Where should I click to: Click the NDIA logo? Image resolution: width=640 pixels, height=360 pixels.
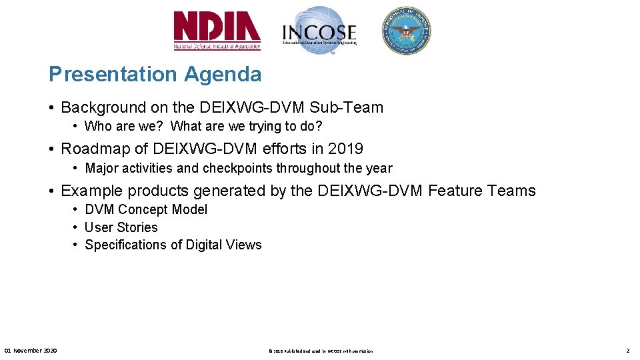click(217, 31)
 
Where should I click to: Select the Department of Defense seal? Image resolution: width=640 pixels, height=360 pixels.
click(406, 31)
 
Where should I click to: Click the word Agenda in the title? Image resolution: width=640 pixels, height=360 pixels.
click(223, 74)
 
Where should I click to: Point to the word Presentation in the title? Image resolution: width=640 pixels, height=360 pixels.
click(114, 74)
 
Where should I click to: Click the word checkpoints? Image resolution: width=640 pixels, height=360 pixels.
click(239, 168)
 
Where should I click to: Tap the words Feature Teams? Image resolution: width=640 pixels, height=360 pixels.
click(482, 191)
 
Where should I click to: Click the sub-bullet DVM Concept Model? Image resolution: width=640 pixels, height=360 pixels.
click(146, 209)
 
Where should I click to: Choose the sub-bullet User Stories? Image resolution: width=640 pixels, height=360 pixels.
click(121, 227)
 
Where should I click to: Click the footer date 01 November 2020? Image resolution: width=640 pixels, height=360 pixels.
click(31, 350)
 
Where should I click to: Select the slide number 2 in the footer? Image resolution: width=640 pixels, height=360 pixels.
click(627, 350)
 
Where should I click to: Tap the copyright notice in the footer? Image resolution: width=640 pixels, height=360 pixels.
click(320, 351)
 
